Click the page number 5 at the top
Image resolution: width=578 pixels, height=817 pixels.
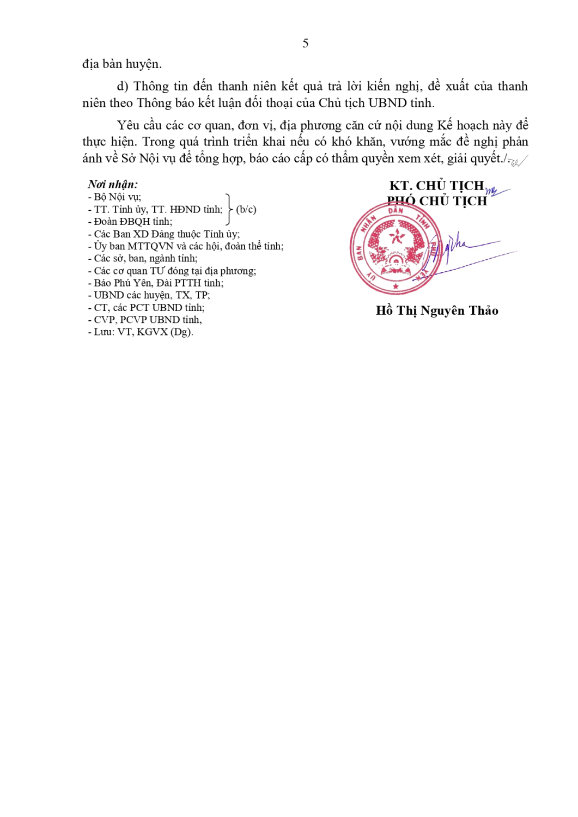[x=305, y=43]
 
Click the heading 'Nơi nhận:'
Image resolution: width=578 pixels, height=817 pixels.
[x=113, y=184]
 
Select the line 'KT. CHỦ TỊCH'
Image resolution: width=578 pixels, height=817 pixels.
[x=436, y=186]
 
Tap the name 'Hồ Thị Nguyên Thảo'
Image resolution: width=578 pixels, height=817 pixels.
[x=437, y=310]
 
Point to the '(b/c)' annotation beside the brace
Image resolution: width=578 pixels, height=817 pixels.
[x=246, y=209]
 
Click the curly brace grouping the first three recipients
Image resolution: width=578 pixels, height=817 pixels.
[x=229, y=209]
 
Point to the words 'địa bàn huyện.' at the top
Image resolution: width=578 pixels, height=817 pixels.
[x=122, y=64]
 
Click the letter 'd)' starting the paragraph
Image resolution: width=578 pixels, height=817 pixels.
[x=123, y=86]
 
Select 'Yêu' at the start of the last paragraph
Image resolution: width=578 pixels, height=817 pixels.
[x=128, y=125]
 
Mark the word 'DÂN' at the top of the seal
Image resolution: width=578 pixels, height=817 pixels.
[x=396, y=210]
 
